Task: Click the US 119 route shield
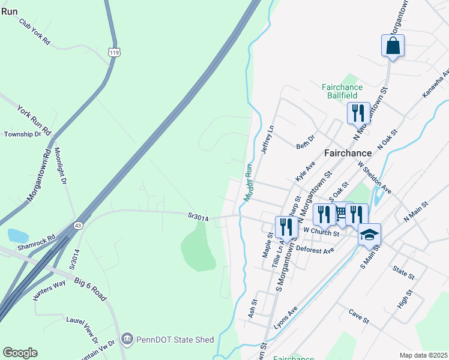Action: (113, 52)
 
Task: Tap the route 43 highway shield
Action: (79, 225)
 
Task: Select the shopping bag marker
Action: (393, 46)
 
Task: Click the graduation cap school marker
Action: (369, 235)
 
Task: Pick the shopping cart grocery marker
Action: (341, 213)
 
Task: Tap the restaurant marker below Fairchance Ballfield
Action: (358, 113)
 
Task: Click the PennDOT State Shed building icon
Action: (127, 340)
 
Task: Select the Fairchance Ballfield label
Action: (348, 91)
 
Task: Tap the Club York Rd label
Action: (34, 31)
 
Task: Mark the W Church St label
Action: (322, 230)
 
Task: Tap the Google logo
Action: (20, 353)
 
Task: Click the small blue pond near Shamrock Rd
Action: (18, 236)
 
